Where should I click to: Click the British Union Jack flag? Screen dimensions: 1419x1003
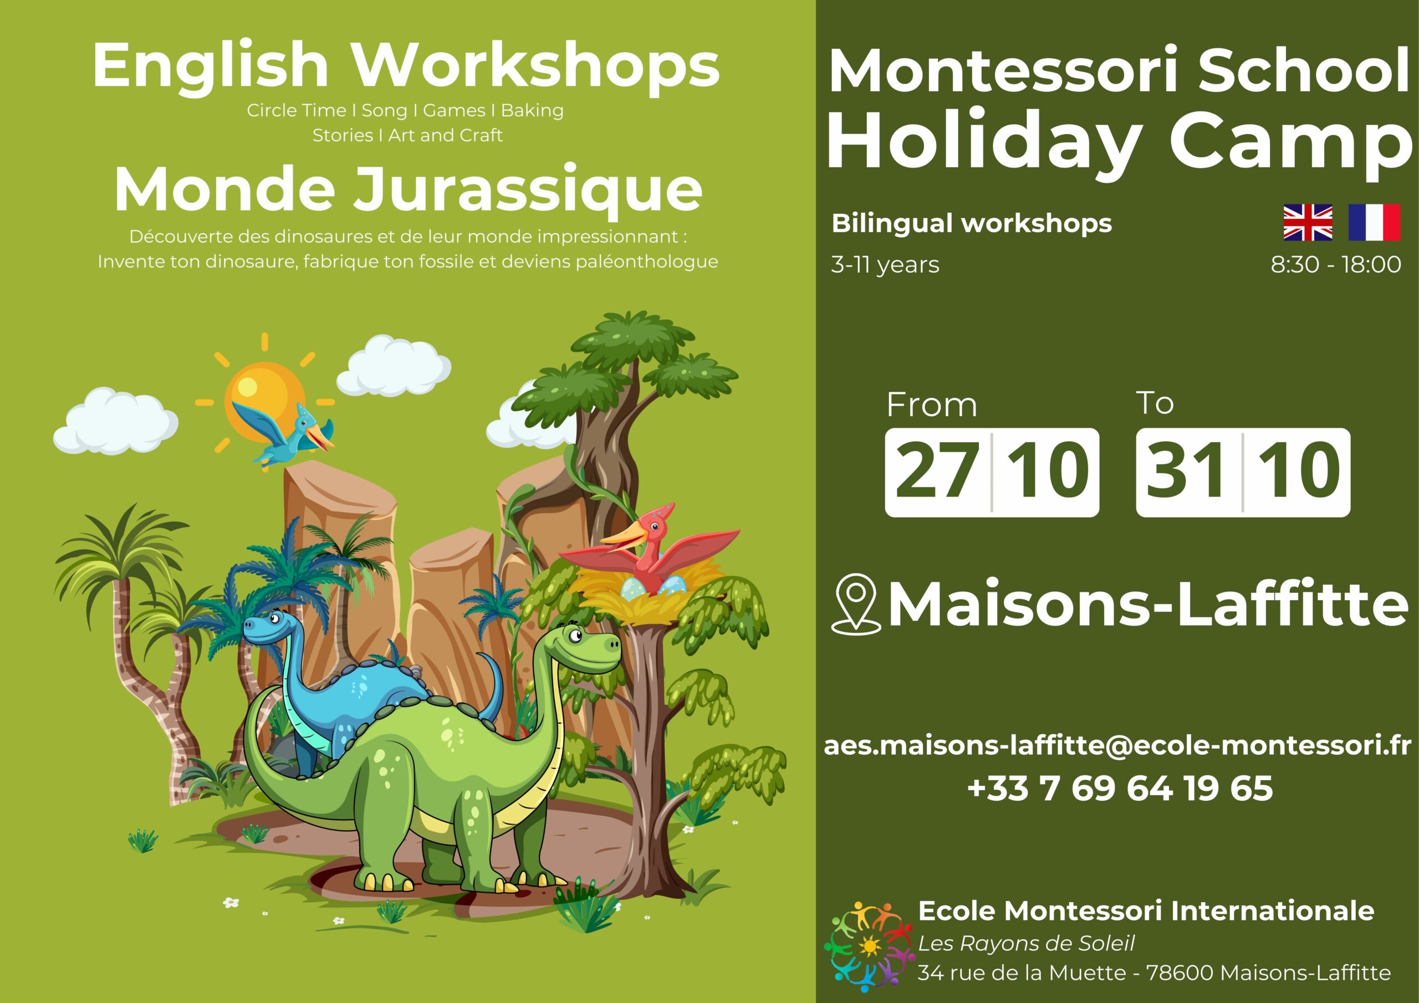[1307, 222]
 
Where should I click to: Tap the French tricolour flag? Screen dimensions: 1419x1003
[1374, 222]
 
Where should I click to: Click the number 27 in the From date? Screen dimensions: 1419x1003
[937, 472]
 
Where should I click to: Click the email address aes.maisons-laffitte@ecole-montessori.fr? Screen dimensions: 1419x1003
[1117, 746]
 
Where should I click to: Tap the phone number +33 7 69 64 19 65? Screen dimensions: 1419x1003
[1120, 788]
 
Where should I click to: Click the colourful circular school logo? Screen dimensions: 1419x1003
[869, 944]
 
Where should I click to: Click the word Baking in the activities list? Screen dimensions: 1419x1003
[532, 111]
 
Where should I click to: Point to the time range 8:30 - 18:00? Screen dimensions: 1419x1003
[1335, 264]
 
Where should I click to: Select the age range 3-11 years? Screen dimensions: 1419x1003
[885, 265]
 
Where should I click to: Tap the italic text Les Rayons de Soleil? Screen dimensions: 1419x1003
[1027, 943]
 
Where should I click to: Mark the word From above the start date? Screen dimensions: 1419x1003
[932, 406]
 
